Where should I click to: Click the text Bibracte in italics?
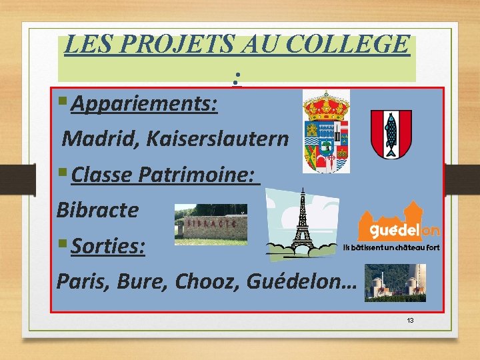coord(97,211)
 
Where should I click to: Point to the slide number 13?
coord(410,321)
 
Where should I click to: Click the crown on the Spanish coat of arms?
coord(326,106)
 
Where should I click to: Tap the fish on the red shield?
coord(391,133)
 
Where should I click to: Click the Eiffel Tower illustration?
coord(303,224)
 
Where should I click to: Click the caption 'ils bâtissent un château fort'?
coord(391,247)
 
